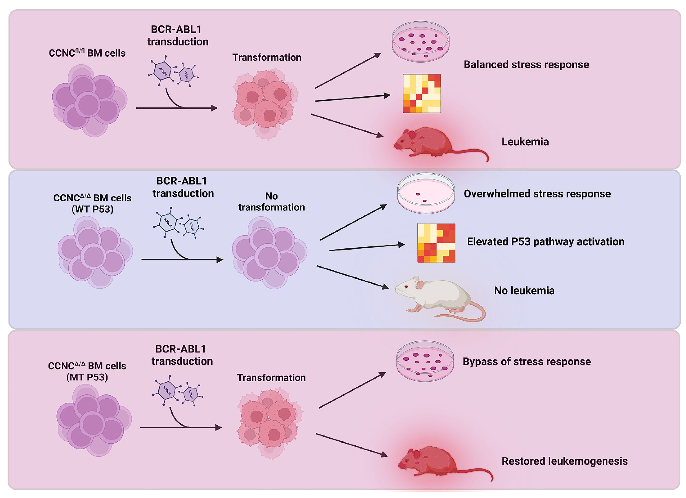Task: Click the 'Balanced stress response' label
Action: (526, 65)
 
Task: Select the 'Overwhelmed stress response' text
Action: (537, 194)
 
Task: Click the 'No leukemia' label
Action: (524, 291)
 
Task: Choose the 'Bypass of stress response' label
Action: (527, 362)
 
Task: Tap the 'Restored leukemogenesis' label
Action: (564, 461)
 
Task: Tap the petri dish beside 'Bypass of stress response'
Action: (425, 361)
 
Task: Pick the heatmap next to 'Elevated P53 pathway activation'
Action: (436, 243)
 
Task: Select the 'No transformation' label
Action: (271, 202)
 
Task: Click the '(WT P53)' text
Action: (93, 209)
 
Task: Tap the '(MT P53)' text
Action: (87, 377)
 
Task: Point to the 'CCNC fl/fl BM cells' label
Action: (87, 53)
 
